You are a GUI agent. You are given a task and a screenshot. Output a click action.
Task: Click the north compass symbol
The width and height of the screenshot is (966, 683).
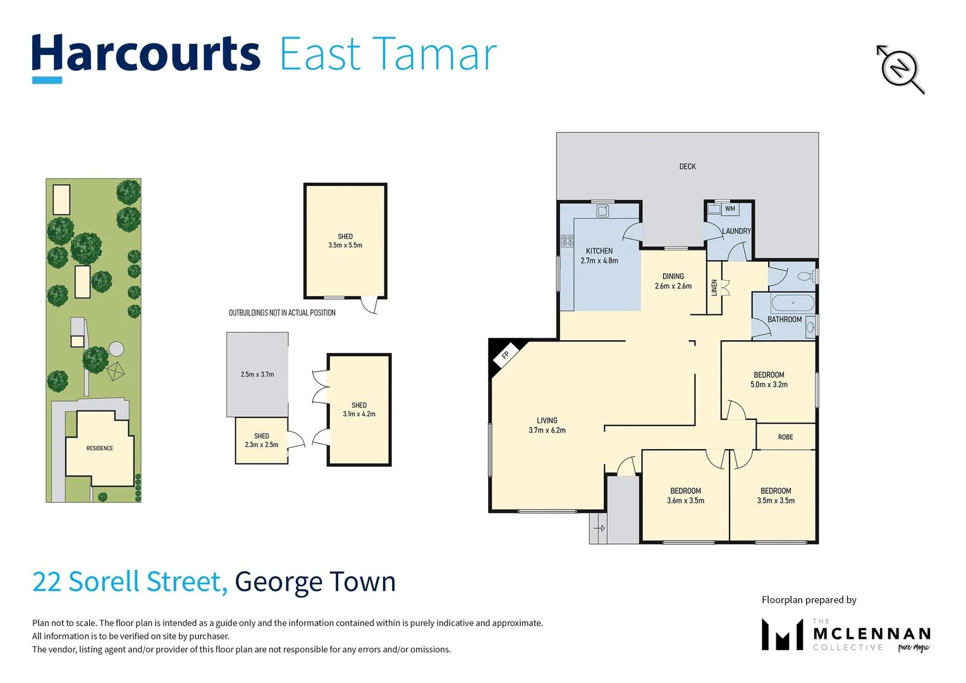(x=900, y=68)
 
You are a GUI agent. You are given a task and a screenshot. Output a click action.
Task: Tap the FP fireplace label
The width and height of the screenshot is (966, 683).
(x=506, y=355)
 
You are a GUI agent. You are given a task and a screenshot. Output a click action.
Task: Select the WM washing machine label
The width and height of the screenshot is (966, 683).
(x=730, y=209)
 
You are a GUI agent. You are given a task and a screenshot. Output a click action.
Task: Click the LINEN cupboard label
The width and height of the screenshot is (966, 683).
(x=714, y=288)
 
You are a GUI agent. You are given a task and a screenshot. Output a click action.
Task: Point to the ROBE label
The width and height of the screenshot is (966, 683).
(x=785, y=437)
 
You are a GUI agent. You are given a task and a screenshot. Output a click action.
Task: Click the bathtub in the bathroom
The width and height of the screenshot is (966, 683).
(x=793, y=302)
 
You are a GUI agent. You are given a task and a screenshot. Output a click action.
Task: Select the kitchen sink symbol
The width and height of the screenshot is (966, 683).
(x=602, y=211)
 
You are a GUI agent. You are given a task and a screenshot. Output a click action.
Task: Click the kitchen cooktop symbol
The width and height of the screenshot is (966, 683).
(x=567, y=240)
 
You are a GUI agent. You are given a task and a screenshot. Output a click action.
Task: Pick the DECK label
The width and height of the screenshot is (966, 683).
(x=687, y=166)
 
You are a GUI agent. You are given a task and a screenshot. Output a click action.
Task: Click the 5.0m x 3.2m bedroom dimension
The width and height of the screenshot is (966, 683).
(x=769, y=385)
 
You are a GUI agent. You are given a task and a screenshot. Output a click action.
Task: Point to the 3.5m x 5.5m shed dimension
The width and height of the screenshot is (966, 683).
(x=345, y=245)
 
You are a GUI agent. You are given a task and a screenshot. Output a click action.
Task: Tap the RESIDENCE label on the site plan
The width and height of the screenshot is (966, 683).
(x=100, y=448)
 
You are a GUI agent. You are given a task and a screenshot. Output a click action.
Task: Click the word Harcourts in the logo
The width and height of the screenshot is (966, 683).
(x=146, y=54)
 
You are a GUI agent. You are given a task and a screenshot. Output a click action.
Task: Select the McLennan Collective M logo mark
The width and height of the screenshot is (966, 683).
(x=782, y=635)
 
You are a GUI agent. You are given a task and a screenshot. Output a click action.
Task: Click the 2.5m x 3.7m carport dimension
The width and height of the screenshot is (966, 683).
(x=257, y=374)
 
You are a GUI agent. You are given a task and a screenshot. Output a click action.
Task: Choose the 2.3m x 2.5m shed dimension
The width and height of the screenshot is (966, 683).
(x=262, y=445)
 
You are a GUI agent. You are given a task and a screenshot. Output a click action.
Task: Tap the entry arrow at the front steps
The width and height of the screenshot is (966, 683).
(x=599, y=528)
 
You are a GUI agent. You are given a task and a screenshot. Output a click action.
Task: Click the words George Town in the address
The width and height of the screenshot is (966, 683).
(x=315, y=582)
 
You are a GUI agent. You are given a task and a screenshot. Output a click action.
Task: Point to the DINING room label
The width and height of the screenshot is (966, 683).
(x=673, y=276)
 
